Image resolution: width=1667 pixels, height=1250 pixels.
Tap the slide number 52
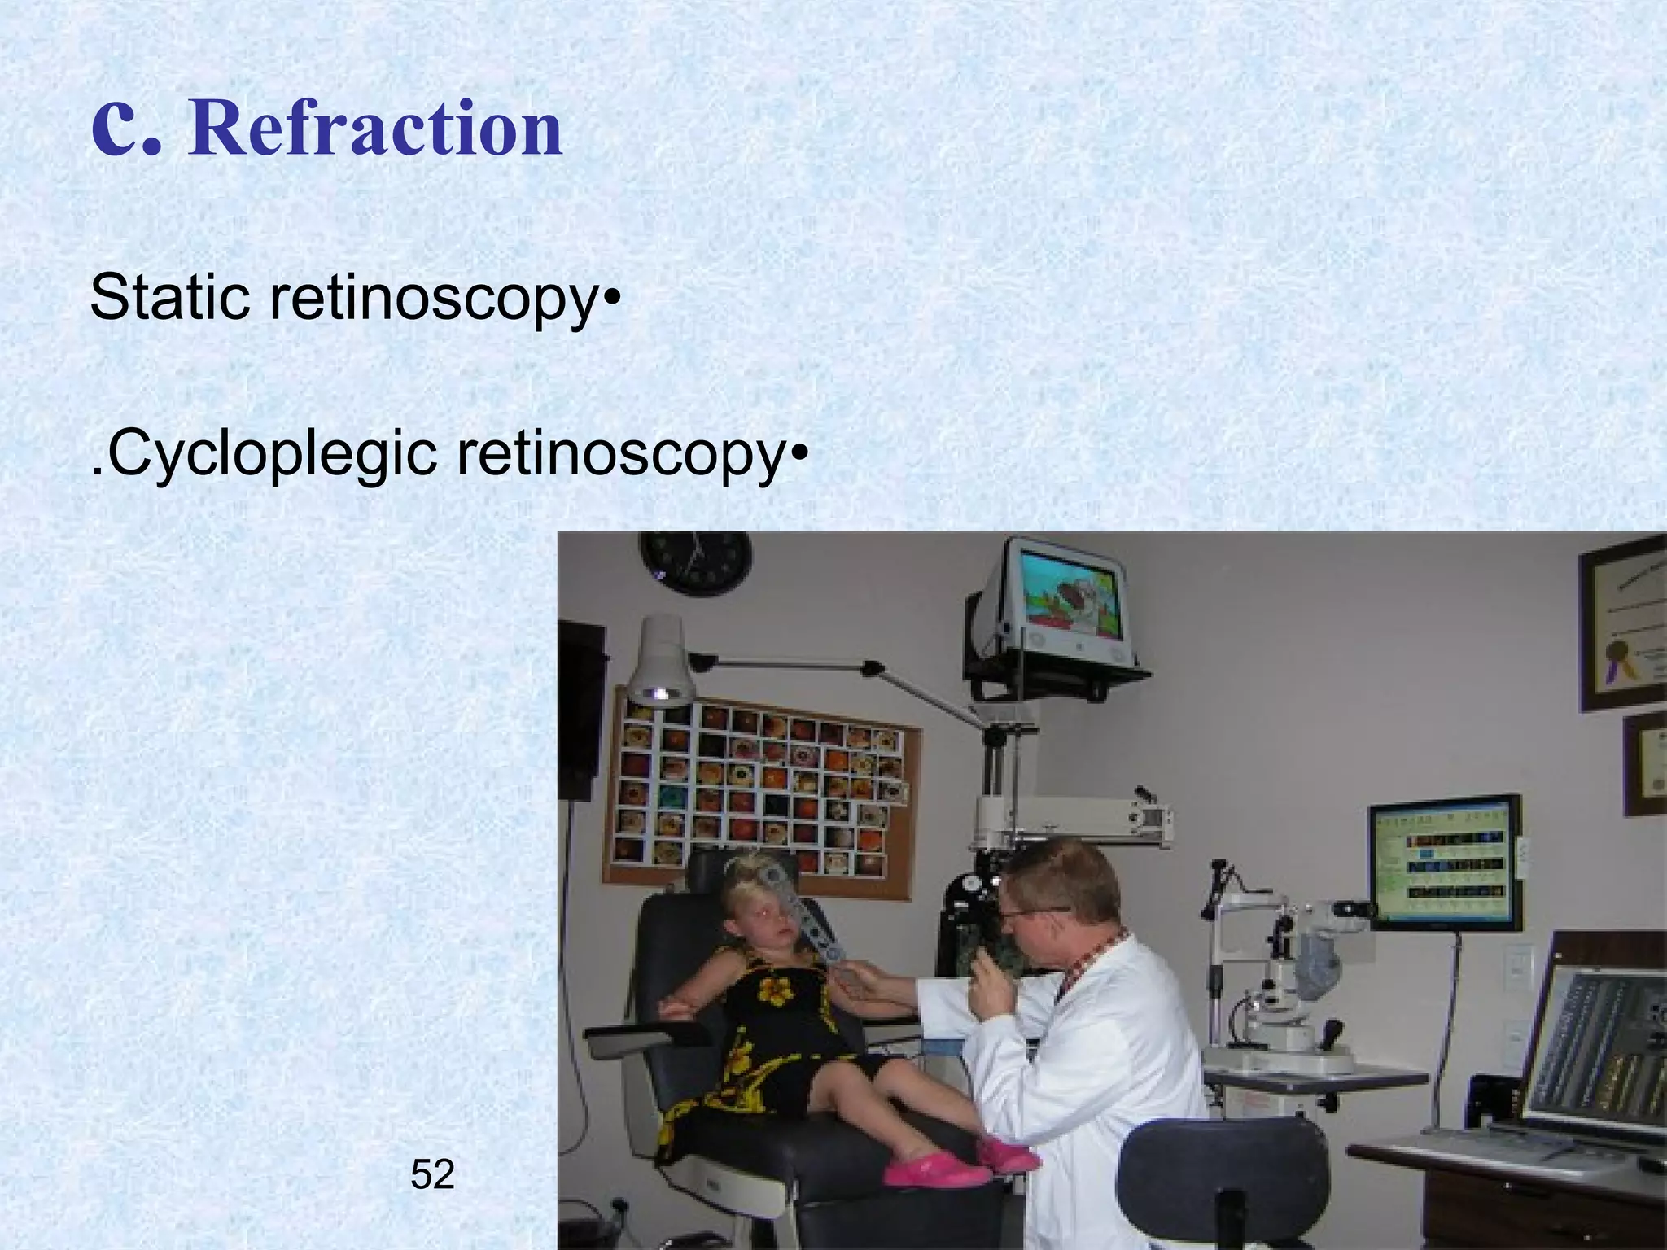click(x=432, y=1174)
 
